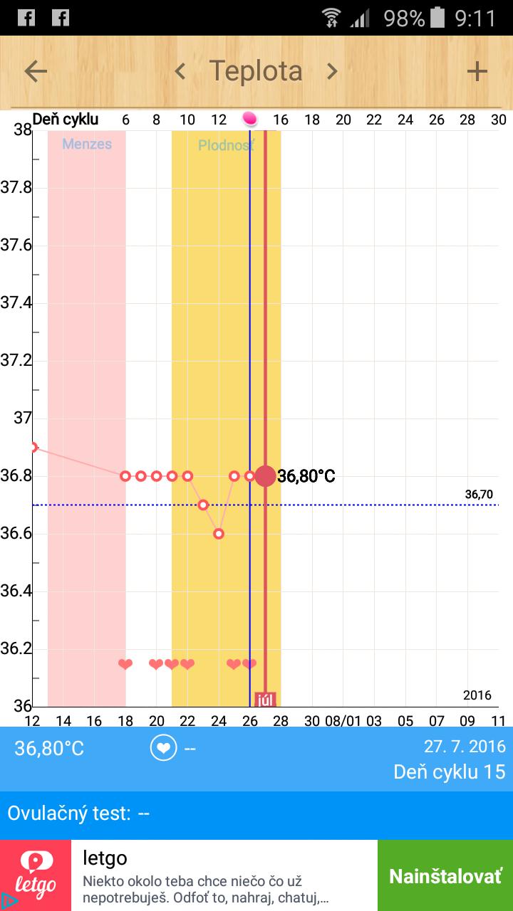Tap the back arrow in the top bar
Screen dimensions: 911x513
tap(36, 71)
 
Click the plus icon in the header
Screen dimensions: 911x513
tap(477, 71)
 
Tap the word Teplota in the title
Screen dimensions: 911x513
tap(256, 71)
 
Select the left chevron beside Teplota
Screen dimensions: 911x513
tap(180, 71)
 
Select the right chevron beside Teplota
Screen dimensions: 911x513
tap(332, 71)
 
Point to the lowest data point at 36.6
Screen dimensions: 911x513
tap(219, 534)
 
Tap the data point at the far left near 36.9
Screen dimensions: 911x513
tap(33, 447)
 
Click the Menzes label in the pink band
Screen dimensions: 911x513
tap(87, 144)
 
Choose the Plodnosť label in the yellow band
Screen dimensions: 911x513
tap(226, 146)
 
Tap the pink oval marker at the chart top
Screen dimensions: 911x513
tap(249, 119)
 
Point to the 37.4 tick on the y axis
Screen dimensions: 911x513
tap(16, 303)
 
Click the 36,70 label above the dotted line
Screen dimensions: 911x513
tap(479, 495)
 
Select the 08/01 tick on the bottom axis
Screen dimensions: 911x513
tap(343, 720)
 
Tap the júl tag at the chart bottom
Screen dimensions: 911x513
tap(265, 699)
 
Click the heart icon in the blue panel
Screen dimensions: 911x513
tap(163, 748)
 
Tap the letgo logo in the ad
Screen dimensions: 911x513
tap(36, 875)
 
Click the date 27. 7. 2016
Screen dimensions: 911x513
tap(465, 747)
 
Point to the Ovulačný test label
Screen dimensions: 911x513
tap(69, 813)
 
